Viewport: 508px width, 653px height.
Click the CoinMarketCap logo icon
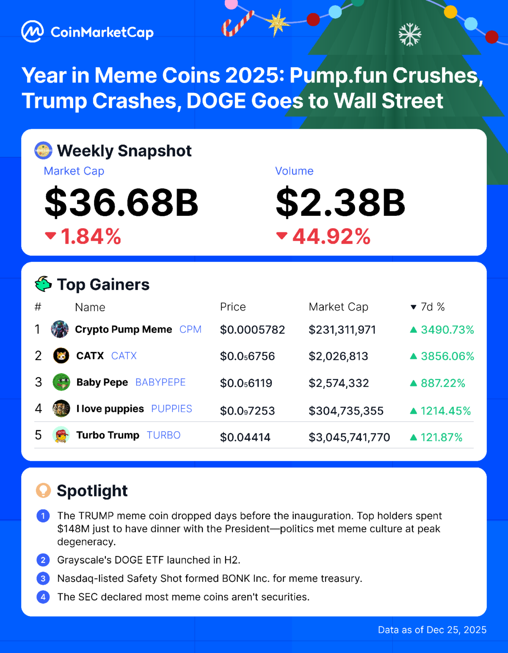32,32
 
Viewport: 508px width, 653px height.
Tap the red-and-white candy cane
237,24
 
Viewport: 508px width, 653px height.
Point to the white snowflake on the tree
410,35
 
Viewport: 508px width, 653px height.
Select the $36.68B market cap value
121,203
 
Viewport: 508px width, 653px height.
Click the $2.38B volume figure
340,203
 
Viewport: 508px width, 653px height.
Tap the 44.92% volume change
331,237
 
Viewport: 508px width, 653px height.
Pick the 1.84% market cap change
91,237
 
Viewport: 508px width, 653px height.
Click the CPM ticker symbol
190,330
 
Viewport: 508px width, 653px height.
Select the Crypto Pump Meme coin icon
60,329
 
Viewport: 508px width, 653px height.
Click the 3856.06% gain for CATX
447,356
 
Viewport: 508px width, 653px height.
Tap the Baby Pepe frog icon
61,383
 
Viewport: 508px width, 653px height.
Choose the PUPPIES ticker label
171,409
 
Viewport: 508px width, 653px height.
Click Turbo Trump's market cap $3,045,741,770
349,437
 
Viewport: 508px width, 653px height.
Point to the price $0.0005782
252,330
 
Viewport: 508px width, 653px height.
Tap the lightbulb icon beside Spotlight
43,490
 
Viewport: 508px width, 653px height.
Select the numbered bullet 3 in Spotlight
43,579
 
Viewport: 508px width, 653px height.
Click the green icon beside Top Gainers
43,284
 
